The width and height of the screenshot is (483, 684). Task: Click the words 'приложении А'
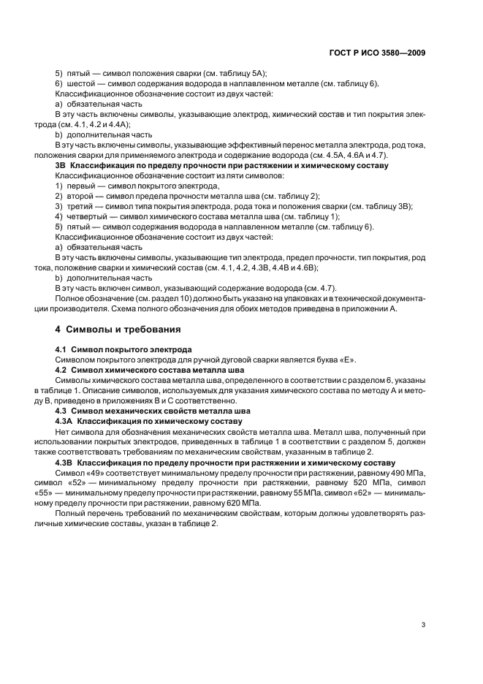[375, 308]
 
